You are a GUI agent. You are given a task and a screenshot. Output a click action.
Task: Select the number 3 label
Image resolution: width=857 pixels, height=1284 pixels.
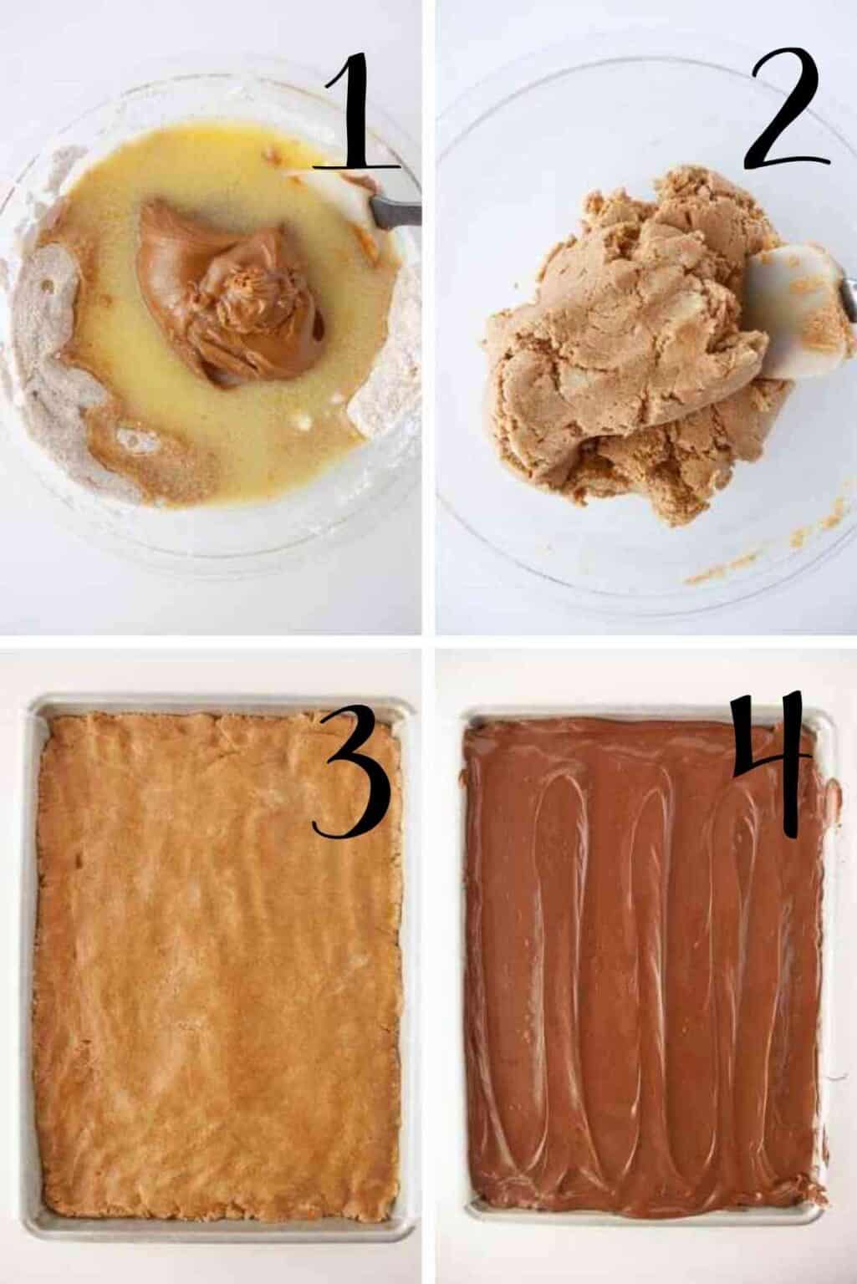point(351,777)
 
